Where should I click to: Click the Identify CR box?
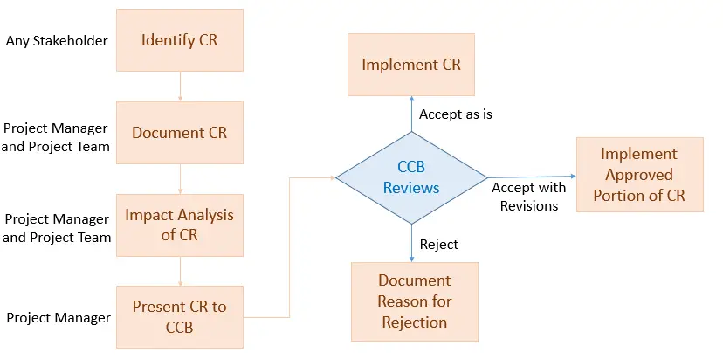179,40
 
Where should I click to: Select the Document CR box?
179,133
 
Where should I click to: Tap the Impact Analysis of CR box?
179,225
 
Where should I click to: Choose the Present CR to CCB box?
179,316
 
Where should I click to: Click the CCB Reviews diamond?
411,177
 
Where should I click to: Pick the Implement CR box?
411,65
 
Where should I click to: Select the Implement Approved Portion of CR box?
639,174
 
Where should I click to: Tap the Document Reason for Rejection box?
414,301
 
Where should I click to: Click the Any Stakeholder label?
56,40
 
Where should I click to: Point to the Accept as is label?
455,114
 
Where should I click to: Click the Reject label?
438,245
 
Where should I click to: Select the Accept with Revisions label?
528,197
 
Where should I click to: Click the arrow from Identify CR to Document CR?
180,87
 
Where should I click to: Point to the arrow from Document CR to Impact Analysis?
180,178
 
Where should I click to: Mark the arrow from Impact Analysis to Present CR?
180,271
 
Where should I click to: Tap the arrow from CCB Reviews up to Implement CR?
411,114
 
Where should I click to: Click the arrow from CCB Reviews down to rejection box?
411,242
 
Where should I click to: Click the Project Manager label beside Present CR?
59,317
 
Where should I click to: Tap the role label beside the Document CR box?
56,137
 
